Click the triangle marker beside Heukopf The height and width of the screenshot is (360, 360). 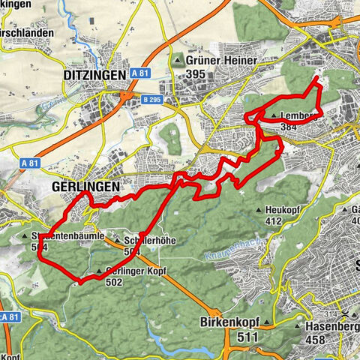point(259,210)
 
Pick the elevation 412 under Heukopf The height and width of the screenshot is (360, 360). point(273,221)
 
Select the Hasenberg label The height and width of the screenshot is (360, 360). point(330,327)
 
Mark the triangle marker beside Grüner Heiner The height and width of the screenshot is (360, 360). point(178,60)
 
